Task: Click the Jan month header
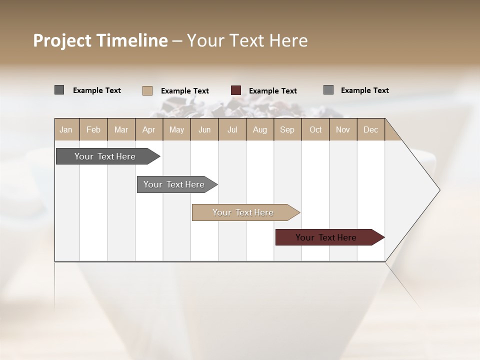66,129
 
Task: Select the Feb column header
93,129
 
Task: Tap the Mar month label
121,129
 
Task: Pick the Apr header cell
149,129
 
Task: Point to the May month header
176,129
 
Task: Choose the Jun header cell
204,129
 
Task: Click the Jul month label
232,129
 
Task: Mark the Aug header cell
260,129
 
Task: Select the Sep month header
287,129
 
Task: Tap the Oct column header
315,129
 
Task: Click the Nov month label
343,129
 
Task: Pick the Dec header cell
371,129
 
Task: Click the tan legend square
147,90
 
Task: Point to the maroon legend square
236,90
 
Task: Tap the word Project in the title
62,40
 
